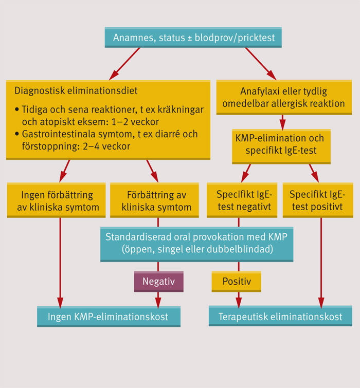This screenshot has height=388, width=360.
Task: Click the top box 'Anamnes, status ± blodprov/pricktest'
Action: tap(193, 38)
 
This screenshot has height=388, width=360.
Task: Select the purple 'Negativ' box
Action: tap(158, 282)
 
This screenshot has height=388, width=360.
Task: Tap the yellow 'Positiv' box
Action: tap(237, 282)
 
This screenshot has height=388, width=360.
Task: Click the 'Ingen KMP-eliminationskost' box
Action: tap(108, 317)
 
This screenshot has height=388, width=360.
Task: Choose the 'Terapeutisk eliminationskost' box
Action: tap(281, 317)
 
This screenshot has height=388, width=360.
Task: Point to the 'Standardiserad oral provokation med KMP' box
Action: tap(196, 243)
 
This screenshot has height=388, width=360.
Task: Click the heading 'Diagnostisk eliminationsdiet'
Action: tap(76, 91)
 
